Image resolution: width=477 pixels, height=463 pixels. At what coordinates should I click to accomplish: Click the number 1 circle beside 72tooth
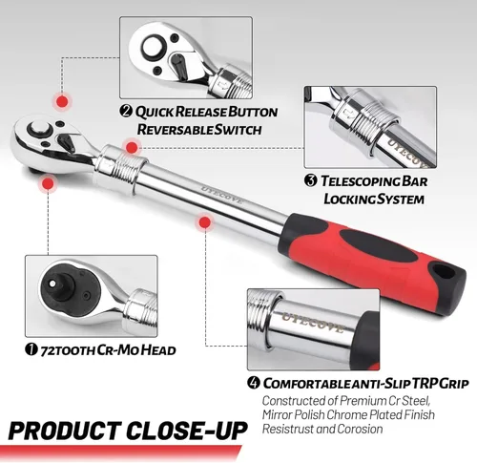(31, 350)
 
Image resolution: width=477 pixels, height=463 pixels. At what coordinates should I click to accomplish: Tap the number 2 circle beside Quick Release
(126, 111)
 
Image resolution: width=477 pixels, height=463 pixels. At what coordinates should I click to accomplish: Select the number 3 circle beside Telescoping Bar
(311, 180)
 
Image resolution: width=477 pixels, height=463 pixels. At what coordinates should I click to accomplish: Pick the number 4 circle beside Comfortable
(254, 383)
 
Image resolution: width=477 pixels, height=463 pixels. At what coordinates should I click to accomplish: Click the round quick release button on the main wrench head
(39, 130)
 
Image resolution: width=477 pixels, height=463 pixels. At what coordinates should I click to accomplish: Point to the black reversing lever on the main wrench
(67, 141)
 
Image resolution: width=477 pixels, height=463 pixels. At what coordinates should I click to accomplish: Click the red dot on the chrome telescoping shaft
(205, 222)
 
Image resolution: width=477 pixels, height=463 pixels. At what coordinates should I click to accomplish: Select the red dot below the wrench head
(48, 183)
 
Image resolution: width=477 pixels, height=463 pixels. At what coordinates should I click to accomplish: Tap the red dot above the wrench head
(62, 102)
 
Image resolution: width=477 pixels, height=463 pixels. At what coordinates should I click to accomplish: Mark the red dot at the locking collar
(132, 147)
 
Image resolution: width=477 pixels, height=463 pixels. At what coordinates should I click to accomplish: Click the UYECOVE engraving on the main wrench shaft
(221, 195)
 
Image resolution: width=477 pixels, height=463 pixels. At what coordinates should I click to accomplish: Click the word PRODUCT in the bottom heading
(63, 431)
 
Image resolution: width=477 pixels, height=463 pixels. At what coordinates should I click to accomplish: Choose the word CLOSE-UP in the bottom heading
(187, 431)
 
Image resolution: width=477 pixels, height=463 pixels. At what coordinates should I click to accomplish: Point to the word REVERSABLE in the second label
(175, 130)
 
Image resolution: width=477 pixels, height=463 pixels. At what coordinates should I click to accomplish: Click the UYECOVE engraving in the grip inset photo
(313, 323)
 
